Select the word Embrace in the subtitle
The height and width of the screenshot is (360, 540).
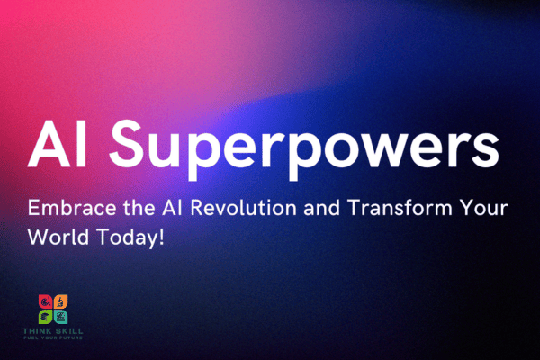(x=67, y=209)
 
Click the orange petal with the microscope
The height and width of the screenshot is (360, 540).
(x=61, y=301)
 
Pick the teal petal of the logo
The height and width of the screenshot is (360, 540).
(x=61, y=316)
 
